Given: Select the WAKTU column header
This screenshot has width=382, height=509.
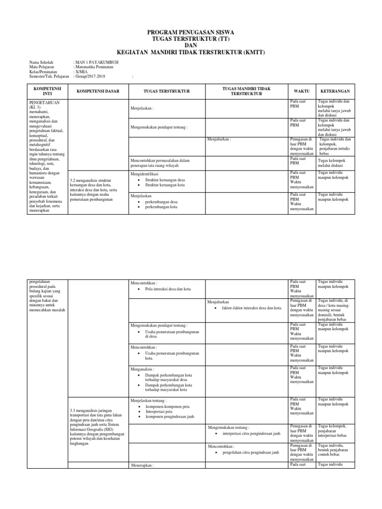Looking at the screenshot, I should click(x=301, y=91).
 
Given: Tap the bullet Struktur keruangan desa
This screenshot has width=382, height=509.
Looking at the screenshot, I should click(x=162, y=180).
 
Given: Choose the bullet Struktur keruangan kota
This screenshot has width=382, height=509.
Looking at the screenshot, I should click(x=162, y=185).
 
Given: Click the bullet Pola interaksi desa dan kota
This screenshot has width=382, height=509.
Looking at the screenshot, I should click(x=168, y=289).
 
